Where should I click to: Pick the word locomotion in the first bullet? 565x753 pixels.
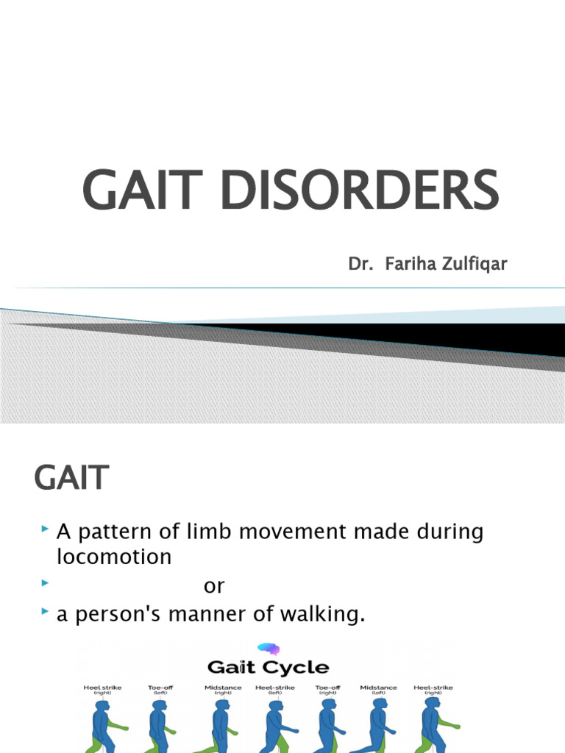click(114, 557)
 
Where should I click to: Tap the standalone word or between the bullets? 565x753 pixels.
click(214, 586)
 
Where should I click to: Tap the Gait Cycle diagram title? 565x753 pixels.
click(268, 668)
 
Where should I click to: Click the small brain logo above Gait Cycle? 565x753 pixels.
click(266, 649)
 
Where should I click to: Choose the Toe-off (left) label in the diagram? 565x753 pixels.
click(160, 690)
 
